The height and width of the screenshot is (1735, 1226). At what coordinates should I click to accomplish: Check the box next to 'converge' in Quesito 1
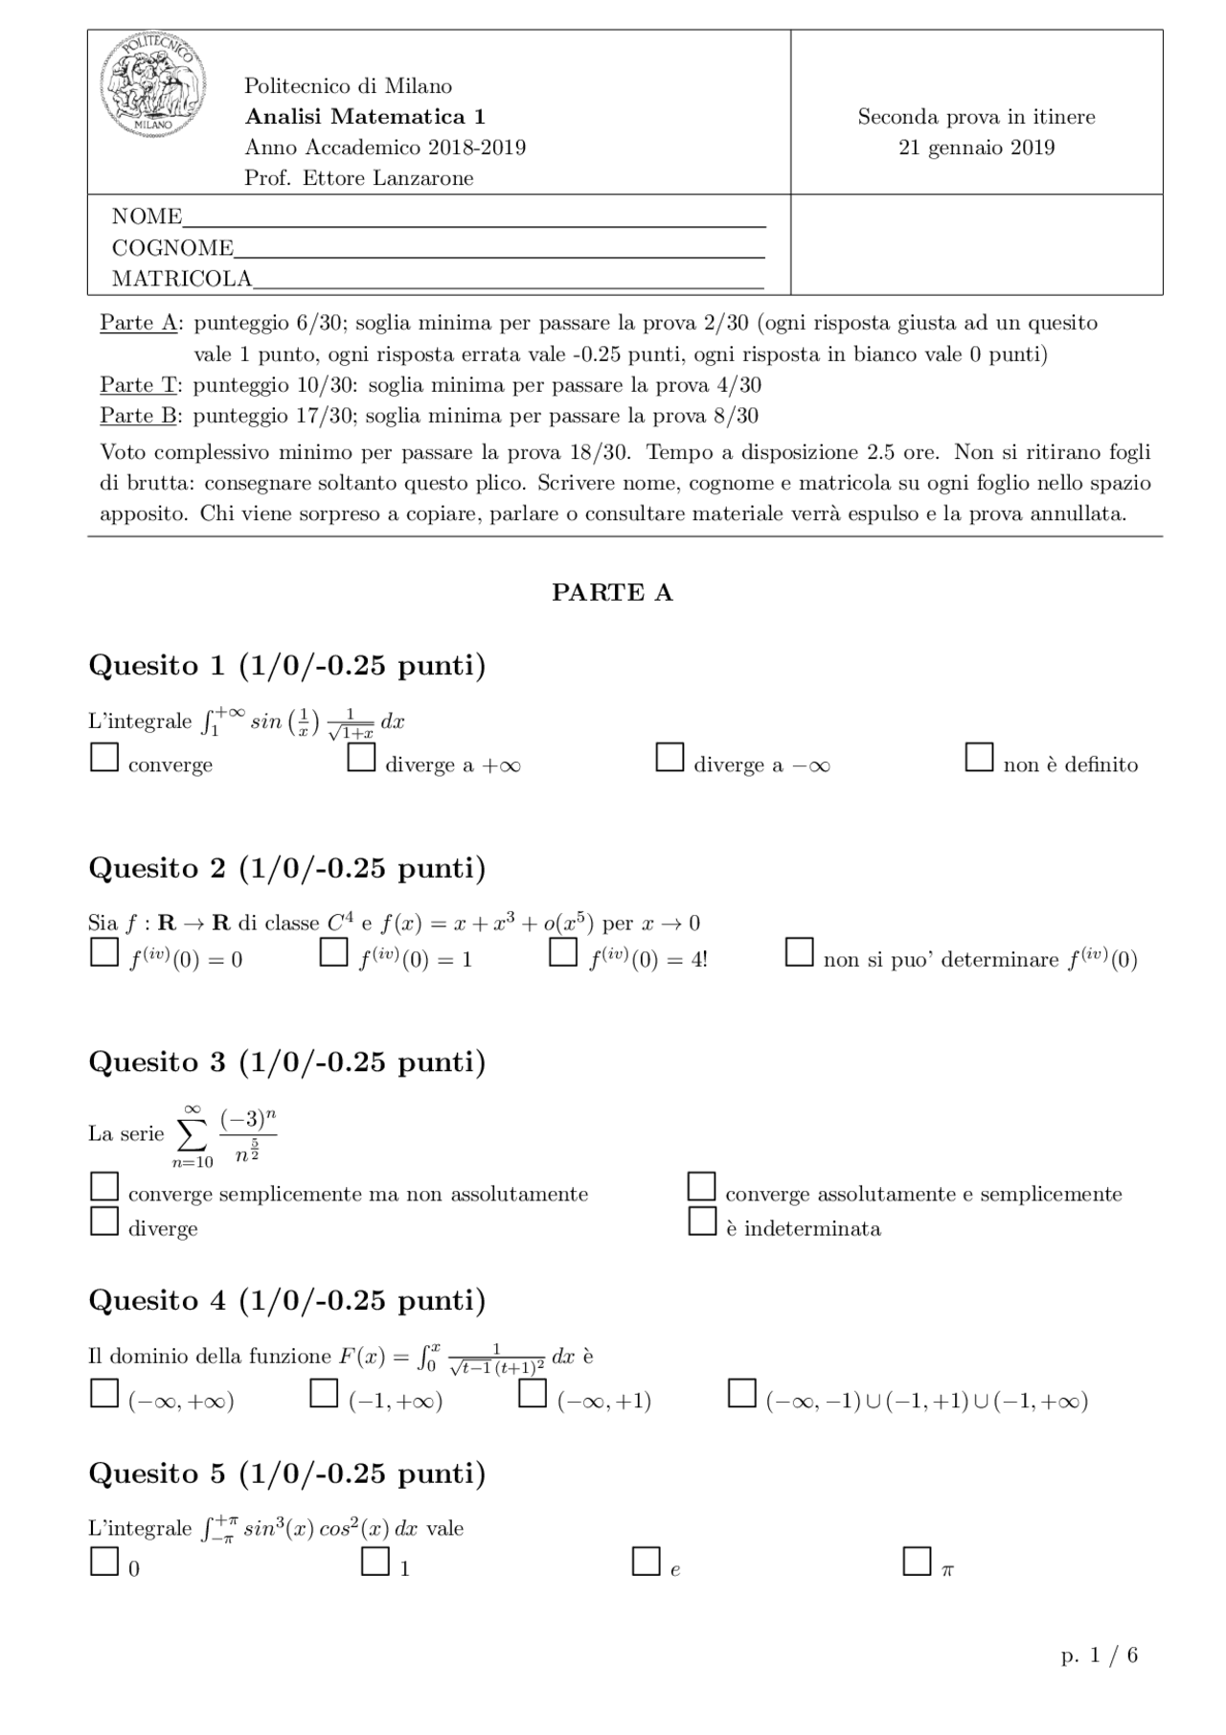click(x=103, y=758)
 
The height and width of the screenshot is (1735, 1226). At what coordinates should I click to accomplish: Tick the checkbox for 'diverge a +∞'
click(x=361, y=758)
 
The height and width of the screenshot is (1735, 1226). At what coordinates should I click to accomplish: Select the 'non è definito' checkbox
click(x=979, y=758)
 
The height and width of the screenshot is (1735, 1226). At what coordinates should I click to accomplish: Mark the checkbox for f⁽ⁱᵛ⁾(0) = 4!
click(x=562, y=952)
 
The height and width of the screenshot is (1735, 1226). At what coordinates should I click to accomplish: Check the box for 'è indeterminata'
click(x=702, y=1221)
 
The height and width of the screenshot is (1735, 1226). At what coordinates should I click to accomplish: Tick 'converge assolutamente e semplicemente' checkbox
click(x=702, y=1187)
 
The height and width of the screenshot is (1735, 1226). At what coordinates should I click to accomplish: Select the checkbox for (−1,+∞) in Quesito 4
click(x=324, y=1394)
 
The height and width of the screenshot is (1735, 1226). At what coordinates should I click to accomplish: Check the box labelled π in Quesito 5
click(x=917, y=1562)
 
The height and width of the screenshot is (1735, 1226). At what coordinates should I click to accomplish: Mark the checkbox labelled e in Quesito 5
click(x=646, y=1562)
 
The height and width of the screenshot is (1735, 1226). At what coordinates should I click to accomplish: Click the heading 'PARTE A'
click(x=612, y=593)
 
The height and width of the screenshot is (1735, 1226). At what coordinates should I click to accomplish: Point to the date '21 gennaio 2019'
click(x=976, y=148)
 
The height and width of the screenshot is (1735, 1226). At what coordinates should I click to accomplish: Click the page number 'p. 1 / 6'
click(x=1099, y=1655)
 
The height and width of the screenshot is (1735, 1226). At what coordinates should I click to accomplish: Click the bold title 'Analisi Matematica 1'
click(x=365, y=117)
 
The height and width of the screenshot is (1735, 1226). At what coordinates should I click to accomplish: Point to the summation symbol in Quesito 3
click(x=192, y=1134)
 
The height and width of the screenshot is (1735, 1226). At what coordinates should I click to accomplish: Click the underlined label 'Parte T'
click(x=139, y=385)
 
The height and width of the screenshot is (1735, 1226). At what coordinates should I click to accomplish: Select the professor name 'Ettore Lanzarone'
click(x=388, y=178)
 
